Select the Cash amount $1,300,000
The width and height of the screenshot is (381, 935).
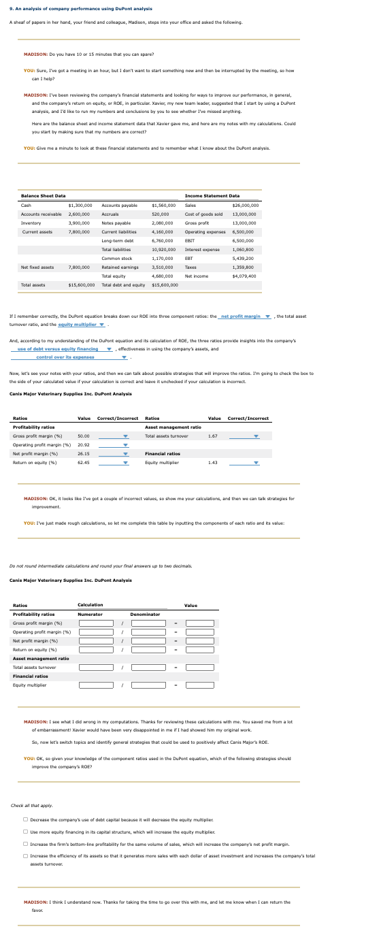coord(80,205)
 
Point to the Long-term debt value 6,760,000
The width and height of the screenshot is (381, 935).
coord(164,240)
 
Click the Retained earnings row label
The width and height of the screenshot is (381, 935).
coord(117,267)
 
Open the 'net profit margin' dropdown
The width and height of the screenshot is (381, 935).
coord(246,316)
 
